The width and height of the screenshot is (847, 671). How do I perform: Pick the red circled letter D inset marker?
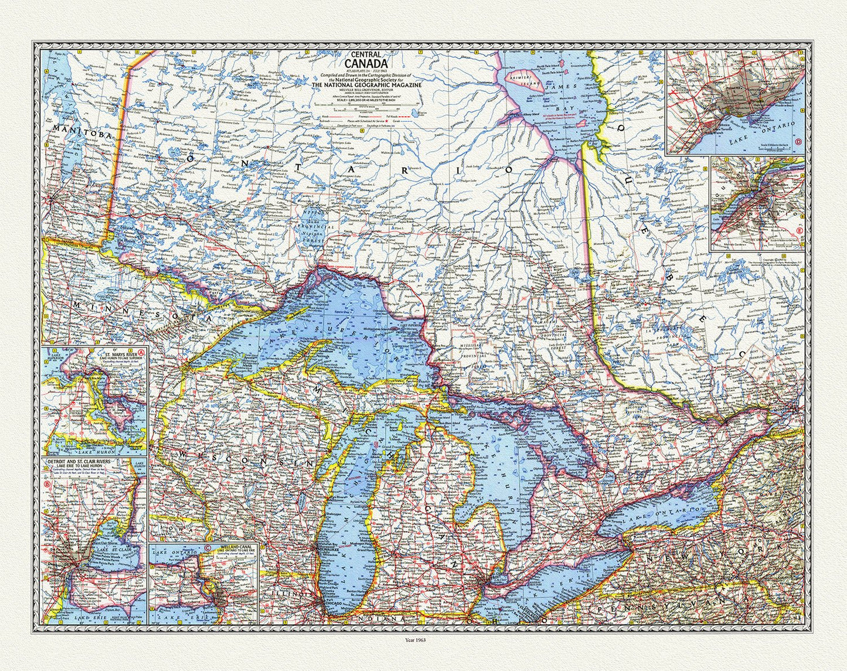(799, 141)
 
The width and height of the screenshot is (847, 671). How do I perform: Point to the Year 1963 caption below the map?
(423, 640)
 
